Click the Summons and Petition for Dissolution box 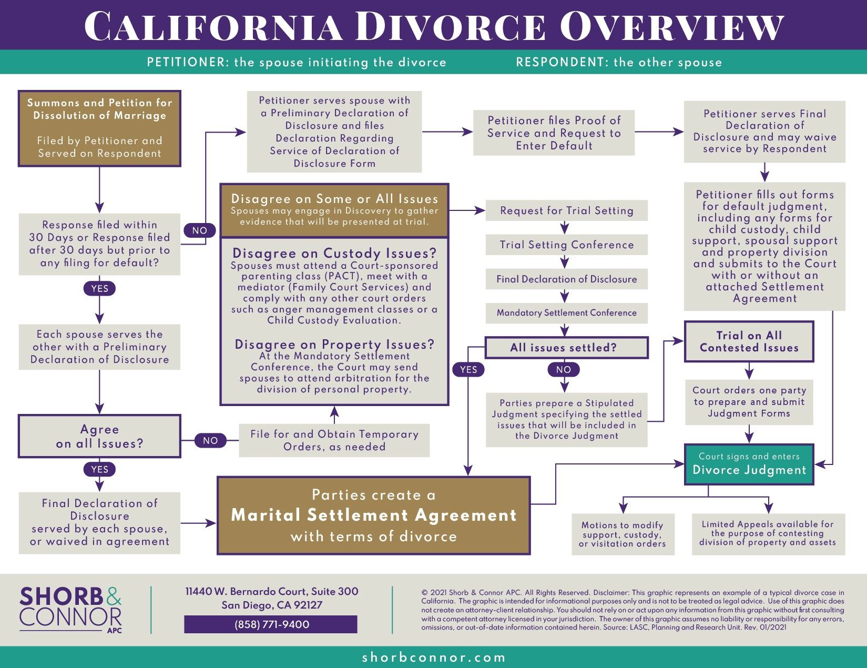99,128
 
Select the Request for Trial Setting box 566,210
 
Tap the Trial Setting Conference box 566,245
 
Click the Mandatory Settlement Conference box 566,313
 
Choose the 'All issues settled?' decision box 566,348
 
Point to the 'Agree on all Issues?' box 99,436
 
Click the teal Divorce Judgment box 749,464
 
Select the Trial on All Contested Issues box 749,341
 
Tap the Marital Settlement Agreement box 373,515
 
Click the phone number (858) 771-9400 271,624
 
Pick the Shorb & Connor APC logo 70,609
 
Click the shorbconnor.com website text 433,657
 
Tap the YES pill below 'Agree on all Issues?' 99,469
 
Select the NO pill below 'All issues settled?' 564,370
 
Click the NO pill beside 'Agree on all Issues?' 210,441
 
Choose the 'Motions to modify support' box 623,534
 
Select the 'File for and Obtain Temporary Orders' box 334,440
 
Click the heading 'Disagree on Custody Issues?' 334,253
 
